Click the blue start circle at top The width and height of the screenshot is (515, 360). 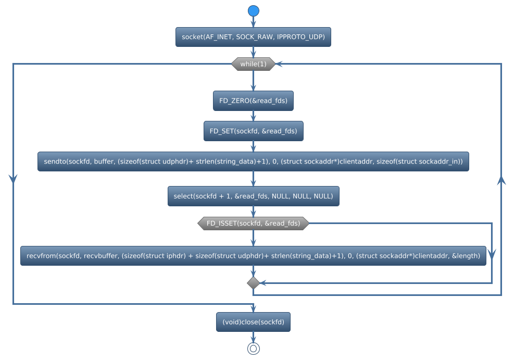click(x=253, y=11)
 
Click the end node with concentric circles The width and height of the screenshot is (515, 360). click(x=253, y=349)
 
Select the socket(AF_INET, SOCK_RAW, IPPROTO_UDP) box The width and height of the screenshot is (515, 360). click(x=253, y=37)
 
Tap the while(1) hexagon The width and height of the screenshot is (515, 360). click(x=253, y=64)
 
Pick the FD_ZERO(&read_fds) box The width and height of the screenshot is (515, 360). click(x=253, y=101)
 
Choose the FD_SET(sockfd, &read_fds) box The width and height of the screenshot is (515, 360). click(x=253, y=131)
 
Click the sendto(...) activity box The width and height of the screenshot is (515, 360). click(x=253, y=162)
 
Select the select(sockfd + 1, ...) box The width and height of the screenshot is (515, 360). click(x=253, y=196)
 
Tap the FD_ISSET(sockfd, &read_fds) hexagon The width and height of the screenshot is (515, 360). click(x=253, y=224)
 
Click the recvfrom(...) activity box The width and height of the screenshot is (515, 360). click(x=253, y=256)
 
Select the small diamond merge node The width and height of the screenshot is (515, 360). click(x=253, y=283)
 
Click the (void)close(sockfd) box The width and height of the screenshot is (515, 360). click(x=253, y=322)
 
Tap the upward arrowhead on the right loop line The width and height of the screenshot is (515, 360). click(x=501, y=180)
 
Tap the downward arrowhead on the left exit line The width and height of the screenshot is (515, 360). click(x=13, y=178)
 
